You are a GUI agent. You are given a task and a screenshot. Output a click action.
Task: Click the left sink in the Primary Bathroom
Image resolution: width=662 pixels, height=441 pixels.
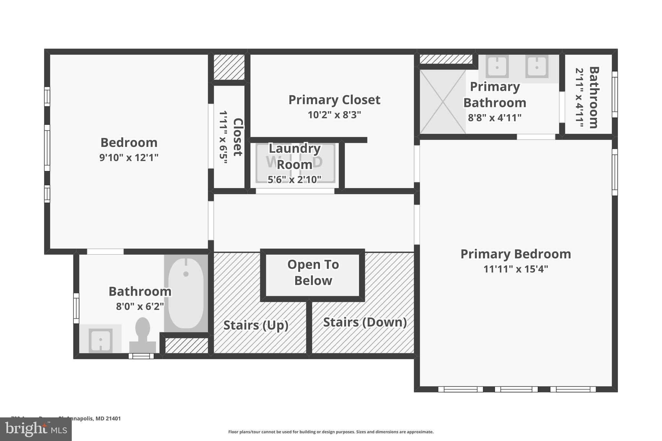click(x=497, y=67)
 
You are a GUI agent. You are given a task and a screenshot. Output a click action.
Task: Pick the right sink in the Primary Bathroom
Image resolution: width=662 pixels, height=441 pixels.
click(x=537, y=67)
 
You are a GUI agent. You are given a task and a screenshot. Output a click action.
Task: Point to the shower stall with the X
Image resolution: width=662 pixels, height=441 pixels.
click(x=443, y=102)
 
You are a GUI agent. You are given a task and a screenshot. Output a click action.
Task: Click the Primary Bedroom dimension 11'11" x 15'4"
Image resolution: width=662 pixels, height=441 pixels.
click(x=516, y=269)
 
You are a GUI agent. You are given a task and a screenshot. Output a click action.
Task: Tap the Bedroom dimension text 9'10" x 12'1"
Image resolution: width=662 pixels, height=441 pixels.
click(x=129, y=158)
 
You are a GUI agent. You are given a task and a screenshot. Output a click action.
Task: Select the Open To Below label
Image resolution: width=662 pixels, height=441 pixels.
click(x=313, y=272)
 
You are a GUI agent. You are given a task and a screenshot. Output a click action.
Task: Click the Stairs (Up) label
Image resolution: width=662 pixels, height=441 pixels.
click(x=256, y=325)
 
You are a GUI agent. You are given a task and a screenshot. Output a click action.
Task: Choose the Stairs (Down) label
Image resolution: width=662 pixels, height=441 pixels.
click(x=365, y=322)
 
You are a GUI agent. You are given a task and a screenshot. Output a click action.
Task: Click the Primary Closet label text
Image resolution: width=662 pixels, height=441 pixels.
click(x=334, y=100)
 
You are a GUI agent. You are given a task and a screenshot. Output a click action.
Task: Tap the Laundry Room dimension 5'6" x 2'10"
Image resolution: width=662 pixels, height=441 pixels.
click(x=294, y=180)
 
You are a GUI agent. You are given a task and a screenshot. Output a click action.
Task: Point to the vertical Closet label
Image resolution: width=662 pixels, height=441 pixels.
click(x=238, y=137)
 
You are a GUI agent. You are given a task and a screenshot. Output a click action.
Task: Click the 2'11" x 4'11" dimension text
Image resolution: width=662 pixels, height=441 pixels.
click(x=579, y=97)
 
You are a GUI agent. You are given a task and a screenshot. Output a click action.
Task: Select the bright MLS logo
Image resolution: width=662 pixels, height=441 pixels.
click(x=36, y=429)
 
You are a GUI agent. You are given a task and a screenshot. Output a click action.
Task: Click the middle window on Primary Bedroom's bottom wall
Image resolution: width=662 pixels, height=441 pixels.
click(x=516, y=389)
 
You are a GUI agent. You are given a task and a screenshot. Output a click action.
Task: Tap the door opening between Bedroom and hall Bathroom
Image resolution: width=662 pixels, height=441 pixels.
click(x=105, y=252)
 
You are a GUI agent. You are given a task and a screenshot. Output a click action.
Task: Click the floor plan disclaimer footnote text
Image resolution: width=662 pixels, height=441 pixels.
click(x=331, y=432)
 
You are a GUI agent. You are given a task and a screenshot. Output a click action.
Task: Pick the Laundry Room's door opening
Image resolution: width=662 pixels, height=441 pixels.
click(x=295, y=191)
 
